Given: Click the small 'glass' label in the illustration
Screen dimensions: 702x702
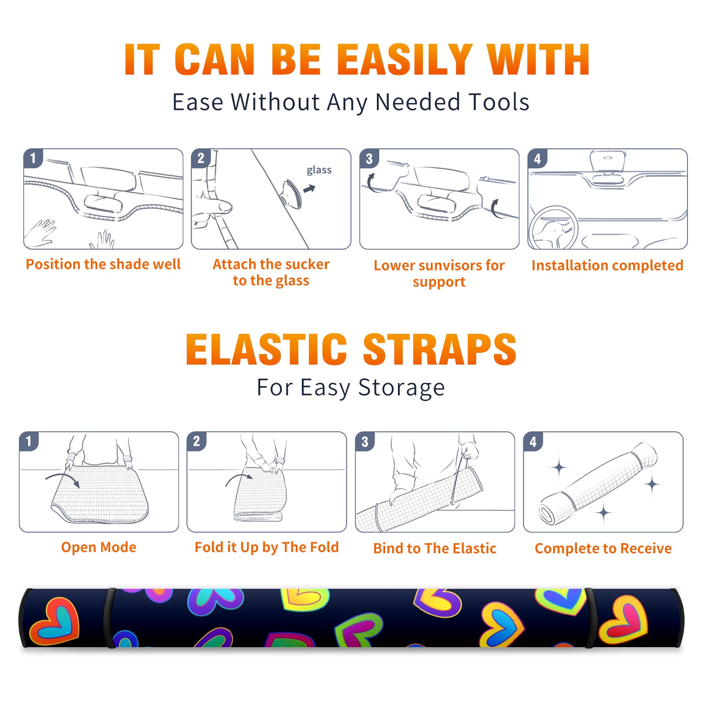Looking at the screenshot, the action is tap(319, 170).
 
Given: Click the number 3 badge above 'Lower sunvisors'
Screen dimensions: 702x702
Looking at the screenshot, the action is tap(369, 159).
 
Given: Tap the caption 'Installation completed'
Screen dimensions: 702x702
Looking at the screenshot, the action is tap(607, 265).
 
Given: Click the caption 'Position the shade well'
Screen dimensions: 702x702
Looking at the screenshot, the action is tap(103, 264).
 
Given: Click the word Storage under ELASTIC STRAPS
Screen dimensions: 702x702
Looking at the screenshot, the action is tap(401, 388).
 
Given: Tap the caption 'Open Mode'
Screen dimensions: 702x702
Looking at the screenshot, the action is tap(99, 547).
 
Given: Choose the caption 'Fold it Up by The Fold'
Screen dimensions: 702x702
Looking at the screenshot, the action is tap(267, 547).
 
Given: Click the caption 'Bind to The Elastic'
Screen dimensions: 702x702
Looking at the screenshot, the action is tap(435, 548).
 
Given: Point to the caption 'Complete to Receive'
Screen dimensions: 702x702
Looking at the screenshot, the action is tap(603, 548).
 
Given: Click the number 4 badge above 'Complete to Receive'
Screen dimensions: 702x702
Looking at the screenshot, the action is tap(533, 441).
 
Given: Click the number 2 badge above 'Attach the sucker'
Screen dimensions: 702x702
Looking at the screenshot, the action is tap(201, 158).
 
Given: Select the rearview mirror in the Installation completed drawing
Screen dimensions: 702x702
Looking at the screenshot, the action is tap(607, 161).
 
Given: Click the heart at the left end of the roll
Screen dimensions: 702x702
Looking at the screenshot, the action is tap(55, 620).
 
